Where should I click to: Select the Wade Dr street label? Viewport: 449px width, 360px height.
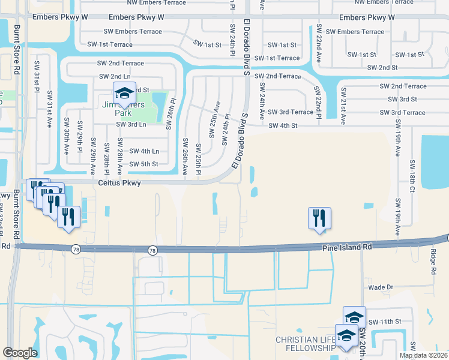[381, 287]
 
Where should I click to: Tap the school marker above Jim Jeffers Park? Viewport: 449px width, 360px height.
[124, 93]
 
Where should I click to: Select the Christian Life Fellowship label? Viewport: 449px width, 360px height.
[305, 344]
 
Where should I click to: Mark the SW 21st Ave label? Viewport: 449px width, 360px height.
[343, 106]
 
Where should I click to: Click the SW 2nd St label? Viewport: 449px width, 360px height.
[382, 68]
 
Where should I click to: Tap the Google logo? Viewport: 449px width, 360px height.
[20, 353]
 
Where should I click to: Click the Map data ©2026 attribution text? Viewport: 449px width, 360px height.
[423, 355]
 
